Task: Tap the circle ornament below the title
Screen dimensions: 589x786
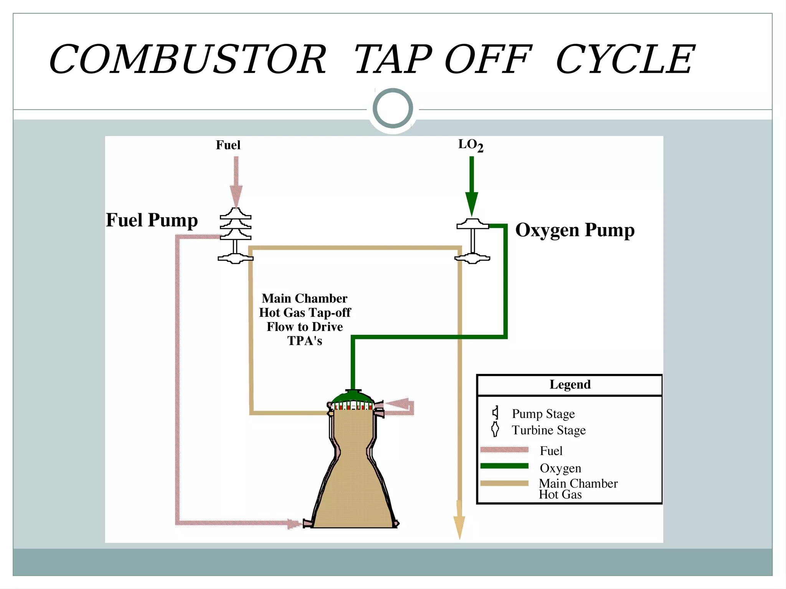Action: coord(393,109)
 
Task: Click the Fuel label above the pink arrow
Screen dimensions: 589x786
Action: coord(228,145)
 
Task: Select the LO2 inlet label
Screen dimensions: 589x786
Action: coord(471,145)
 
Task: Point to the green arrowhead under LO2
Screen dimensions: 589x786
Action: coord(472,203)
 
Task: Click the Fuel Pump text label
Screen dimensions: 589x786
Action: coord(152,220)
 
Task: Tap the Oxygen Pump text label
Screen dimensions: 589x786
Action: coord(575,230)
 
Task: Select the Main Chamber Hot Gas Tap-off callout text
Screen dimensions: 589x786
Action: coord(305,319)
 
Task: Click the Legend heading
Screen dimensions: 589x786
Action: coord(570,385)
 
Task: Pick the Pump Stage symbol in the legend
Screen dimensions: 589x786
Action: coord(496,413)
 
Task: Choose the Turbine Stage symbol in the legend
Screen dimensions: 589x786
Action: coord(495,429)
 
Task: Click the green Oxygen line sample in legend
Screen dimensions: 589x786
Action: coord(504,466)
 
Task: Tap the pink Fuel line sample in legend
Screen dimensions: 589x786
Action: coord(504,450)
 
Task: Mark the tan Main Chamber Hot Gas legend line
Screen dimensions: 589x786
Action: coord(504,484)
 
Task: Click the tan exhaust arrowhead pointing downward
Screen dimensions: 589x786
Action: coord(459,527)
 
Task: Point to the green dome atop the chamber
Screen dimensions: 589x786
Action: coord(352,397)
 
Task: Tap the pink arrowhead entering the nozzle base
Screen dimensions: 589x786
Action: coord(294,524)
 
